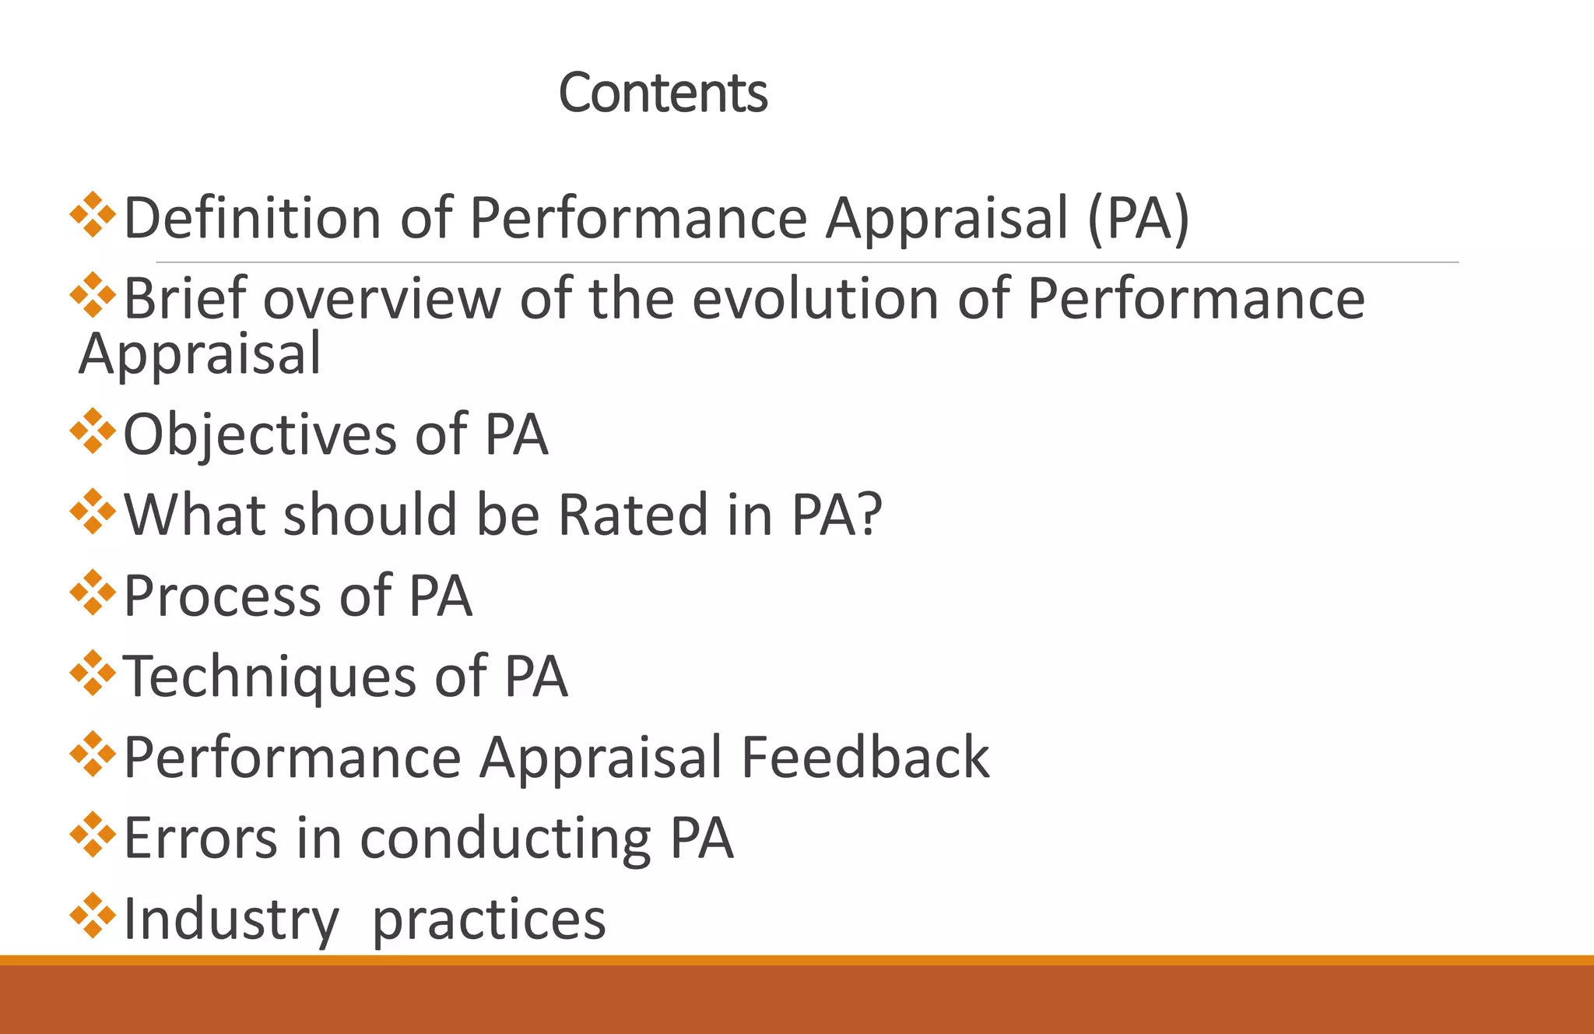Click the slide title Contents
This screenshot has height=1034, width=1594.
tap(663, 93)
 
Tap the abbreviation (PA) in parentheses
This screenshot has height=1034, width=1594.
tap(1139, 219)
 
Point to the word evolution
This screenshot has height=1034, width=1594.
tap(815, 299)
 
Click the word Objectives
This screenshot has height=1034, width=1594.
tap(260, 434)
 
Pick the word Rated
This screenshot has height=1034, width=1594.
tap(633, 515)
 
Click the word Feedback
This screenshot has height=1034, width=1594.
tap(865, 758)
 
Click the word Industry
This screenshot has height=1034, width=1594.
tap(231, 920)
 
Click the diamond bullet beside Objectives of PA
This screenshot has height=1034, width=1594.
tap(93, 431)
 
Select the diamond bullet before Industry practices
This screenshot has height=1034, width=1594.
tap(93, 915)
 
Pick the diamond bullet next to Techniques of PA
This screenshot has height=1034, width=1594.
tap(93, 673)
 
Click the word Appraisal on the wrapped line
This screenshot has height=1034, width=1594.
tap(200, 355)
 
